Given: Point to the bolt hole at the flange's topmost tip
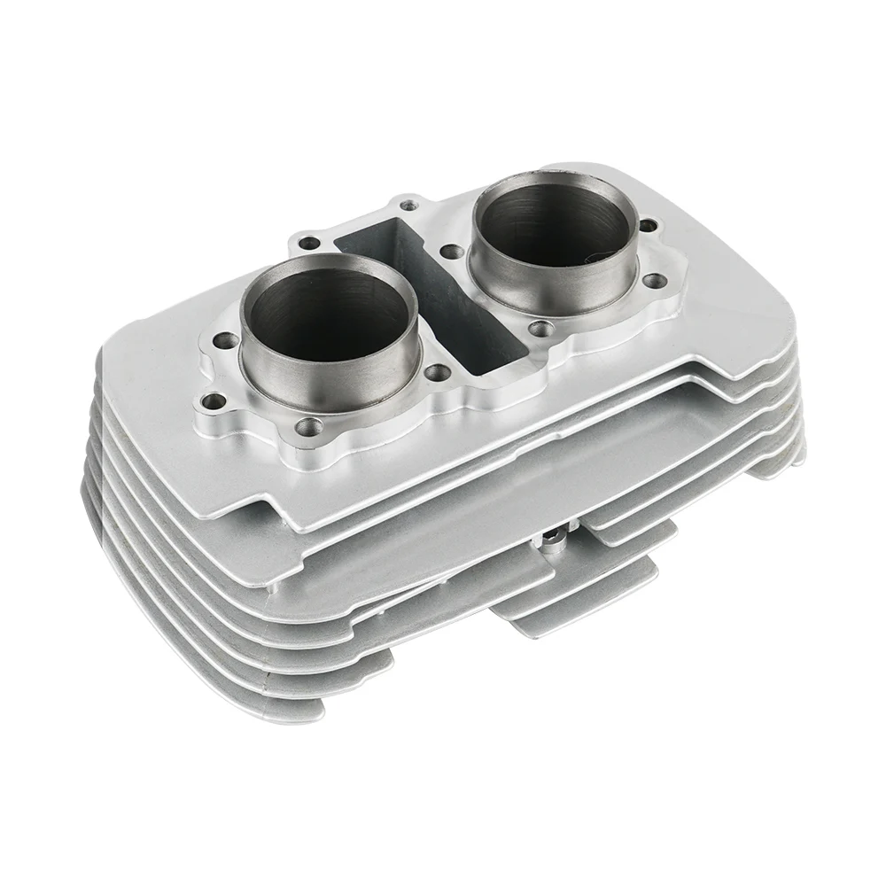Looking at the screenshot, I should (x=408, y=206).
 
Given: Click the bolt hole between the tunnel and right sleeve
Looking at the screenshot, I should (x=451, y=253).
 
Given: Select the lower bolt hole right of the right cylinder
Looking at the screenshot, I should (x=656, y=281).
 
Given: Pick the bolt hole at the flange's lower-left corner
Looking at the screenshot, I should (x=211, y=403).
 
